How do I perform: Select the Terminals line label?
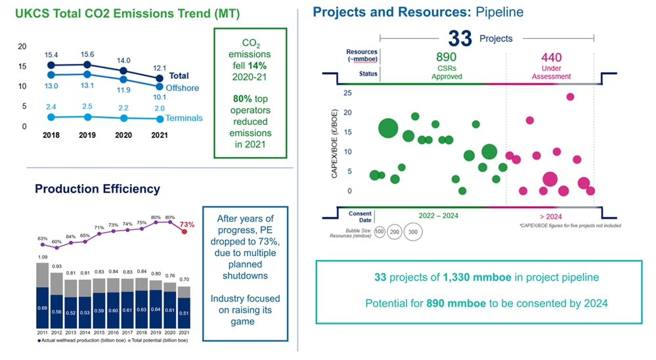pyautogui.click(x=185, y=119)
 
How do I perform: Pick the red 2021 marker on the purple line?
pyautogui.click(x=185, y=231)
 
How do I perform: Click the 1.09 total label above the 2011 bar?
pyautogui.click(x=42, y=257)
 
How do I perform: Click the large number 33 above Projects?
pyautogui.click(x=460, y=39)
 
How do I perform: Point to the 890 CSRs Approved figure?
pyautogui.click(x=447, y=58)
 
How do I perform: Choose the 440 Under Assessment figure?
pyautogui.click(x=551, y=58)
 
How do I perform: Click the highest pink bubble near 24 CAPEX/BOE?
pyautogui.click(x=570, y=97)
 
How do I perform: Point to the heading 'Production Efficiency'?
pyautogui.click(x=97, y=189)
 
